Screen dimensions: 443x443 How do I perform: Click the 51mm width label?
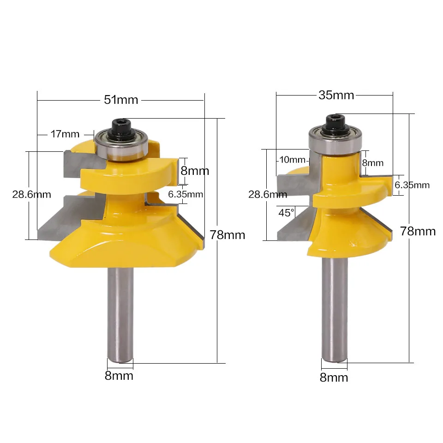tap(121, 100)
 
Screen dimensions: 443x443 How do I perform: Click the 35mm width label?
tap(336, 95)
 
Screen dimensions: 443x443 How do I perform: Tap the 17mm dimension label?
tap(65, 134)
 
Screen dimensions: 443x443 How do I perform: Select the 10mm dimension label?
tap(292, 160)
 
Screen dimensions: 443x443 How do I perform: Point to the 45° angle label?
tap(286, 213)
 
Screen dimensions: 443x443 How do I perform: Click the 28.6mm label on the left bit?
tap(31, 194)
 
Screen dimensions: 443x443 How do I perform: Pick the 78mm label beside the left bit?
tap(227, 235)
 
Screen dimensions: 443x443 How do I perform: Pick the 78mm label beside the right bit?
tap(418, 231)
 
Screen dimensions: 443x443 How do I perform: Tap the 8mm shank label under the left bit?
tap(119, 376)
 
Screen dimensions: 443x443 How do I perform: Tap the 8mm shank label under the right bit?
tap(334, 377)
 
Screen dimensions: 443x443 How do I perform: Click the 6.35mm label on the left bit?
tap(186, 194)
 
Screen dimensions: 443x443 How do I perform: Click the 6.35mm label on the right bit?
tap(412, 185)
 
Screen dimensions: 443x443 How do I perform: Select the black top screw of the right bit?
tap(335, 122)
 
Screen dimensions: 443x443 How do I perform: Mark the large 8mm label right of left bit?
tap(194, 171)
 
